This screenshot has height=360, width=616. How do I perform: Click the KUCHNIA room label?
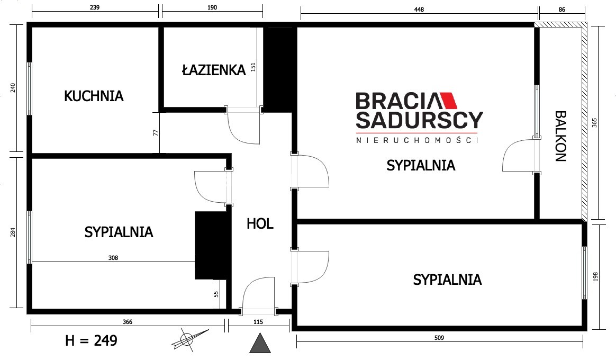(94, 96)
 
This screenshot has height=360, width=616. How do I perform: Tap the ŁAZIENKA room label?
(214, 69)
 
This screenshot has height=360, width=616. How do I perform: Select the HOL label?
(260, 223)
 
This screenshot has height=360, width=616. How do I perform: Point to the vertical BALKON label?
(560, 136)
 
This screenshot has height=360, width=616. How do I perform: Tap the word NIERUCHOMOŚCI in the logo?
(417, 140)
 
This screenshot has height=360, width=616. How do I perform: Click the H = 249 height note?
(91, 340)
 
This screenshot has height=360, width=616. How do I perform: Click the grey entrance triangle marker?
(260, 343)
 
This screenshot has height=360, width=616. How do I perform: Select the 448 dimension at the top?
(419, 10)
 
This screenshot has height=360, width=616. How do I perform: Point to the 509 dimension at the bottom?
(439, 338)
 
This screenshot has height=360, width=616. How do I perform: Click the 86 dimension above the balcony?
(562, 10)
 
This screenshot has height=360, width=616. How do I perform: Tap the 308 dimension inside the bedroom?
(113, 258)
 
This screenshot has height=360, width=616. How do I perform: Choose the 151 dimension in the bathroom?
(253, 67)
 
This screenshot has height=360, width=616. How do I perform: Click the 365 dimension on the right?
(594, 123)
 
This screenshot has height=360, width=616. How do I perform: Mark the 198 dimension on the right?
(595, 277)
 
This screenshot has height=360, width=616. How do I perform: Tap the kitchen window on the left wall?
(29, 88)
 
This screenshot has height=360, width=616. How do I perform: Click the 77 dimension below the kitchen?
(156, 133)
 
